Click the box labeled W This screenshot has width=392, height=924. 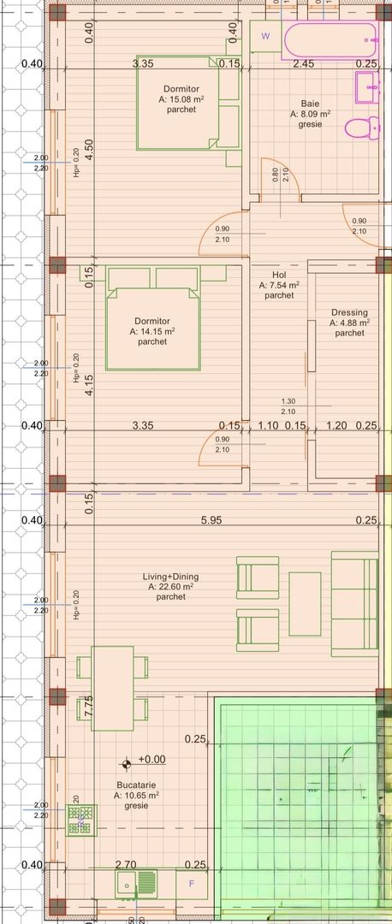pyautogui.click(x=265, y=36)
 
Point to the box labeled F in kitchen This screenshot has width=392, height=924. pyautogui.click(x=191, y=883)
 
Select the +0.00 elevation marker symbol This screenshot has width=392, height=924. pyautogui.click(x=127, y=760)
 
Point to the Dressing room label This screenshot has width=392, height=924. pyautogui.click(x=349, y=313)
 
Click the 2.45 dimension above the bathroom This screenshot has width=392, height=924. pyautogui.click(x=303, y=63)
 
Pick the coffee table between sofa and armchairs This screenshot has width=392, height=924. pyautogui.click(x=305, y=604)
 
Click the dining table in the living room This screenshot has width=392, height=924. pyautogui.click(x=111, y=688)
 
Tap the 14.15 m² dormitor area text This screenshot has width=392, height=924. pyautogui.click(x=152, y=331)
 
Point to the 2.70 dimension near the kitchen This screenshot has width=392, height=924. pyautogui.click(x=125, y=865)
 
